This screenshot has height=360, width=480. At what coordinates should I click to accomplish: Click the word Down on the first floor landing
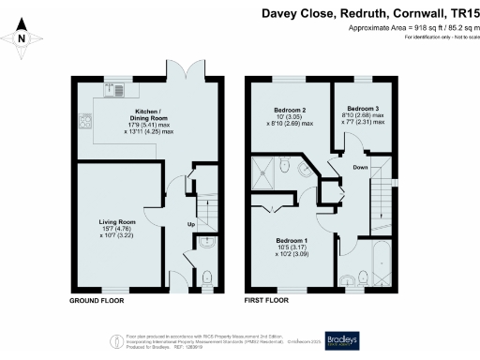[360, 169]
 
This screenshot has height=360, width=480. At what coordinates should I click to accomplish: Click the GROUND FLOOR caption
[97, 302]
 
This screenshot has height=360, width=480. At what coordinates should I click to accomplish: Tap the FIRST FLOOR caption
[266, 302]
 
